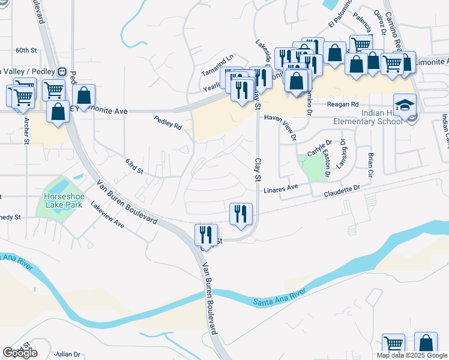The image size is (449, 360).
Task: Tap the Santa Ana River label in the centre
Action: [279, 295]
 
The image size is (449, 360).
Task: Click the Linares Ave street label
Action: [284, 188]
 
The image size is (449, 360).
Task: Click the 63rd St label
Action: [134, 166]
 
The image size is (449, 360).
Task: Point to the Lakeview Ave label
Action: [107, 214]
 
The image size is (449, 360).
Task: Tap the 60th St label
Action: [26, 50]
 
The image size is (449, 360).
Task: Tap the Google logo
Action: [20, 353]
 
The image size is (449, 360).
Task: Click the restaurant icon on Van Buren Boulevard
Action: [206, 235]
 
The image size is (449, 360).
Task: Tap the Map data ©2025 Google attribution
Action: [412, 355]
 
